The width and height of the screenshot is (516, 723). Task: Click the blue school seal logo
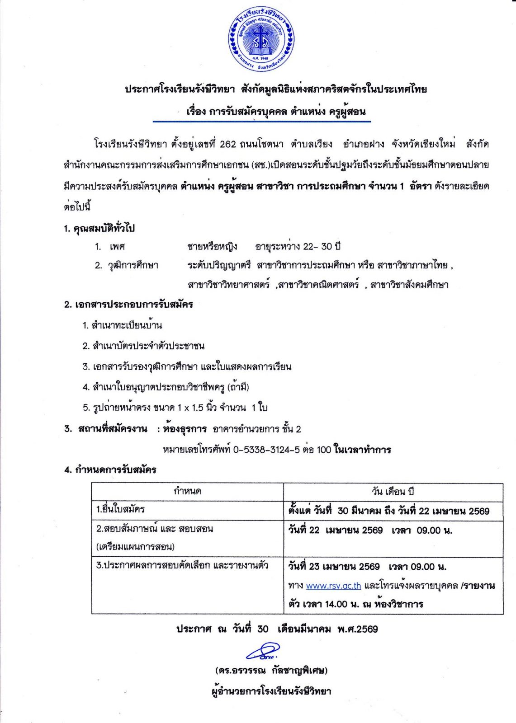click(x=261, y=39)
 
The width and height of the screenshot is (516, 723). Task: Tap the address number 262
click(x=228, y=144)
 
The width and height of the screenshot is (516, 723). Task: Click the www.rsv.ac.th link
click(x=333, y=586)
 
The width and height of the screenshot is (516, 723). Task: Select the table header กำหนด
click(x=187, y=491)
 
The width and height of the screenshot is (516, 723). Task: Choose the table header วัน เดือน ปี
click(x=393, y=492)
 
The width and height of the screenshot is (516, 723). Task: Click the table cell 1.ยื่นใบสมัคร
click(x=120, y=510)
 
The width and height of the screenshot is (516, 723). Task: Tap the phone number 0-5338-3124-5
click(x=266, y=450)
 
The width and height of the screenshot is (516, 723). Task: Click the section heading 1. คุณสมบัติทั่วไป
click(x=99, y=228)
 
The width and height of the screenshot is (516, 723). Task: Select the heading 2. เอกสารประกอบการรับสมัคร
click(x=128, y=305)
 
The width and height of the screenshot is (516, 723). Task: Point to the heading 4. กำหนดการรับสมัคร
click(x=110, y=470)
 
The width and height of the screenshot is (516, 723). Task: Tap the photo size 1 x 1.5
click(x=190, y=408)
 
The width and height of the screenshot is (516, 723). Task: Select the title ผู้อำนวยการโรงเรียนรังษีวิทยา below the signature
click(x=271, y=691)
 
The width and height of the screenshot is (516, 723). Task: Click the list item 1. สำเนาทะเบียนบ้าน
click(x=122, y=325)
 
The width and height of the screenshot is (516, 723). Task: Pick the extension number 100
click(x=324, y=450)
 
